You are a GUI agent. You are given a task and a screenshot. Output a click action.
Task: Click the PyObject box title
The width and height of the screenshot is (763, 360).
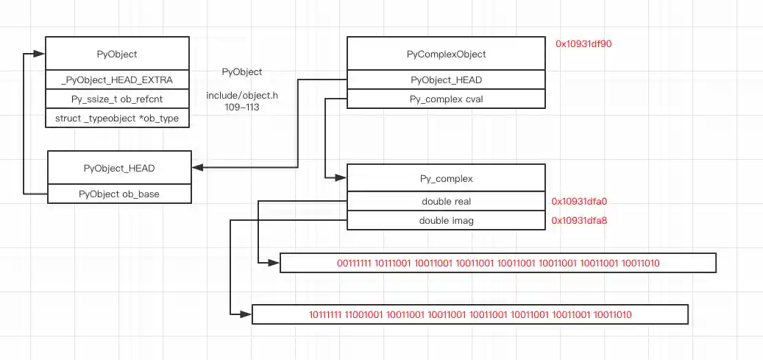117,54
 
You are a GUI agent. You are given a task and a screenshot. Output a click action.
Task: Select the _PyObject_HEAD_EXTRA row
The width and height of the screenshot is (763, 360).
117,80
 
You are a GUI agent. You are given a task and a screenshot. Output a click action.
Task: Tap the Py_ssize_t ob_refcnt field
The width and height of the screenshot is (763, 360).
117,99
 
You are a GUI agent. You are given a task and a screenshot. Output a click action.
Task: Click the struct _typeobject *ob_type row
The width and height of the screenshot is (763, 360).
117,118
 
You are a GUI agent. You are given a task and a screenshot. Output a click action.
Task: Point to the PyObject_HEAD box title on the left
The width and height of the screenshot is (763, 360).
119,168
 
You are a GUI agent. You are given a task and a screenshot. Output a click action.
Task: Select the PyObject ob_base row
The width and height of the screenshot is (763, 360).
119,194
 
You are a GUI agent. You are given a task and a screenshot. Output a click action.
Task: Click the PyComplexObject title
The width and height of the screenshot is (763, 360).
446,54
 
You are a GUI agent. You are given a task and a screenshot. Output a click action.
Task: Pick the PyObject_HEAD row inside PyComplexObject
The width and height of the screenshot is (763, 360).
446,80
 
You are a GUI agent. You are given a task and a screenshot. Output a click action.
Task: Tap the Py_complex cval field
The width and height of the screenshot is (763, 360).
446,99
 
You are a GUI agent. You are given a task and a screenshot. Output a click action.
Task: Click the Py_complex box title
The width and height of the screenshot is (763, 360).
446,178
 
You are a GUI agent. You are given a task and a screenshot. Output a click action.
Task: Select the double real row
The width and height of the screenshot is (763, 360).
446,201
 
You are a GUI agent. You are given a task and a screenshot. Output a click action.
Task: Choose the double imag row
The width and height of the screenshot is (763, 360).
446,220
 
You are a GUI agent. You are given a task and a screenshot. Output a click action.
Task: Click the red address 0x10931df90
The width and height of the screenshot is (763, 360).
583,44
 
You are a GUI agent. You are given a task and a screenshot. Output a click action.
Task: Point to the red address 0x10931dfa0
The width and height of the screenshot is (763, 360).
579,200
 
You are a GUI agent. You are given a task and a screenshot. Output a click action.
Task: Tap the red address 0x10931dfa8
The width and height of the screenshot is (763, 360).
579,219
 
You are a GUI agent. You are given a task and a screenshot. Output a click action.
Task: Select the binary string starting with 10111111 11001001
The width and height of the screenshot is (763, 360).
470,314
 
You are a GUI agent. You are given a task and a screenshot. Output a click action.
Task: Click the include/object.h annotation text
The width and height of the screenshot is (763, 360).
242,96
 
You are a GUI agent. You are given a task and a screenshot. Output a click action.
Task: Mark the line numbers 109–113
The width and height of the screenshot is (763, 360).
242,107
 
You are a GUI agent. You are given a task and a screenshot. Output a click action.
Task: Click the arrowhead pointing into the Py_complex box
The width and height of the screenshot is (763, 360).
341,177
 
